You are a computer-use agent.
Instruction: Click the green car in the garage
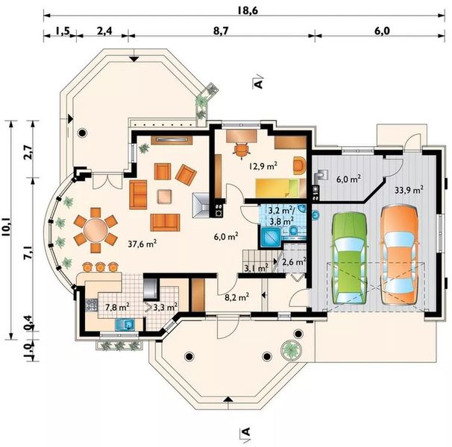pyautogui.click(x=351, y=258)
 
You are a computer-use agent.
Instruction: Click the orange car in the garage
pyautogui.click(x=400, y=255)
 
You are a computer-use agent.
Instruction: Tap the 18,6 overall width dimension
pyautogui.click(x=248, y=10)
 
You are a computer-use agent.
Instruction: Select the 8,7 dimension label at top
pyautogui.click(x=221, y=31)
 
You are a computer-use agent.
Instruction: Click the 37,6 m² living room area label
pyautogui.click(x=142, y=244)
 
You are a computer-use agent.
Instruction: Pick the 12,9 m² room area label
pyautogui.click(x=263, y=166)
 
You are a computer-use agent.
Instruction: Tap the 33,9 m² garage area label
pyautogui.click(x=409, y=190)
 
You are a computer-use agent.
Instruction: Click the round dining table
pyautogui.click(x=95, y=230)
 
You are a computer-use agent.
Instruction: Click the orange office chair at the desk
pyautogui.click(x=242, y=150)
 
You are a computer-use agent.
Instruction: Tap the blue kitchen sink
pyautogui.click(x=125, y=325)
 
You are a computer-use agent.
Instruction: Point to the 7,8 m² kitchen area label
pyautogui.click(x=117, y=307)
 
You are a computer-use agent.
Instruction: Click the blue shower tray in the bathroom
pyautogui.click(x=271, y=238)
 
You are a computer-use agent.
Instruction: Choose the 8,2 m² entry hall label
pyautogui.click(x=236, y=297)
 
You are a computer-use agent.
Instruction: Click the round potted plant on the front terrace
pyautogui.click(x=291, y=350)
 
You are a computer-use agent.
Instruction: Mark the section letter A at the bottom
pyautogui.click(x=245, y=431)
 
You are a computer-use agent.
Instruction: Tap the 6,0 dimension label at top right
pyautogui.click(x=382, y=31)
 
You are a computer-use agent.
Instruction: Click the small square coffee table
pyautogui.click(x=165, y=197)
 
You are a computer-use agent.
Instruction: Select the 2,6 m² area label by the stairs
pyautogui.click(x=294, y=262)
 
